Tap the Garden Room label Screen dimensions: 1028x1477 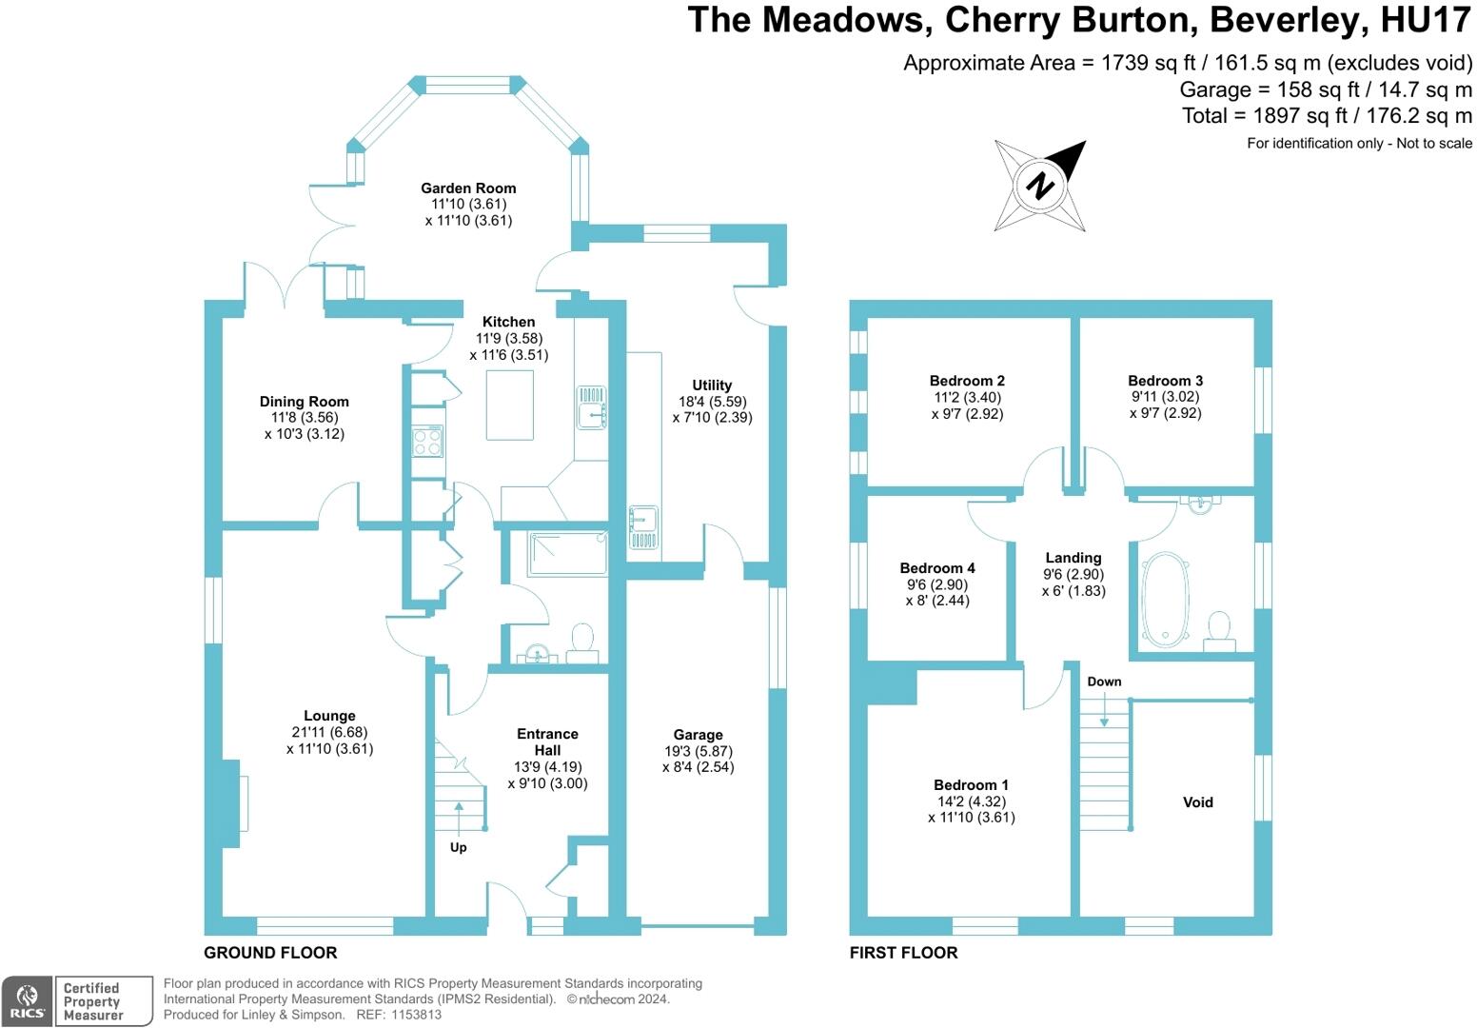(468, 188)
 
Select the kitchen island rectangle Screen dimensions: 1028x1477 (510, 405)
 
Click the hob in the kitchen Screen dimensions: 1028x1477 (427, 441)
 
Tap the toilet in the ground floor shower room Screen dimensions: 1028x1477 (581, 642)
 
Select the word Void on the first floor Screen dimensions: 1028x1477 (1197, 802)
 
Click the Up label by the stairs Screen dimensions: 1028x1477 (458, 847)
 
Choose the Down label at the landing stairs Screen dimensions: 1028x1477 (1104, 682)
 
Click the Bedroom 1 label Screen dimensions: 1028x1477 (971, 785)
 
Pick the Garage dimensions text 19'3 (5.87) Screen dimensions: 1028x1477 (698, 751)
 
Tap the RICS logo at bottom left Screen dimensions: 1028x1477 (27, 1001)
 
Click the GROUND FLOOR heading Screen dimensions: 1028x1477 (270, 953)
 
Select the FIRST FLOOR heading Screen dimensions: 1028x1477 (903, 953)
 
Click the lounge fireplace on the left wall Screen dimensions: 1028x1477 (233, 803)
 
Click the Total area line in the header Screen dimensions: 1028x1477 (1327, 116)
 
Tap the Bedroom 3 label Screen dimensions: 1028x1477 (1165, 381)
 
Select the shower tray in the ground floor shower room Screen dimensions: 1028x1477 (567, 553)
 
